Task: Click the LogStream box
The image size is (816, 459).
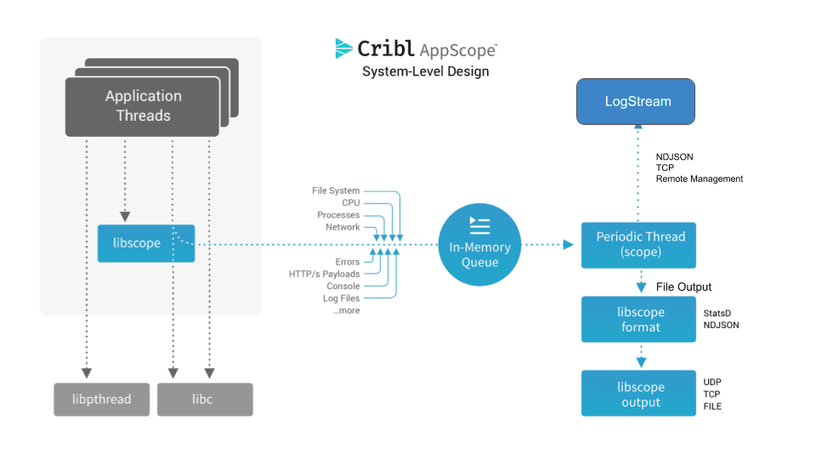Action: pyautogui.click(x=637, y=102)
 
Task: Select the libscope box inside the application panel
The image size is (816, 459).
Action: pyautogui.click(x=146, y=243)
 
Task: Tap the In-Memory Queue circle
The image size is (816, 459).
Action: pyautogui.click(x=480, y=245)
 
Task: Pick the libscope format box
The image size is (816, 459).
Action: pyautogui.click(x=639, y=319)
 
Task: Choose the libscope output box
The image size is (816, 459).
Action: pyautogui.click(x=639, y=394)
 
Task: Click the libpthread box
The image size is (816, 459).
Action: pyautogui.click(x=102, y=399)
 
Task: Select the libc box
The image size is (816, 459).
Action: pyautogui.click(x=205, y=399)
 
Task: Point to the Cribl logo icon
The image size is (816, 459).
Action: pyautogui.click(x=344, y=48)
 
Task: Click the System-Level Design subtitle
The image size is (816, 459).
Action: pyautogui.click(x=425, y=71)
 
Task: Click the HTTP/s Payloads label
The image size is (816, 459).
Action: pyautogui.click(x=324, y=274)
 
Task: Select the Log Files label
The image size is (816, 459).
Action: pyautogui.click(x=341, y=298)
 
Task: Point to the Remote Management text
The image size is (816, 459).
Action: pyautogui.click(x=699, y=179)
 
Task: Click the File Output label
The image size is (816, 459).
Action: pyautogui.click(x=683, y=286)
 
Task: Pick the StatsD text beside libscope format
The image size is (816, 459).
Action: pyautogui.click(x=717, y=314)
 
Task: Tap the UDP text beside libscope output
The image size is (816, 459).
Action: pyautogui.click(x=712, y=382)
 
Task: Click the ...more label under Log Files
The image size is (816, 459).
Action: pyautogui.click(x=346, y=310)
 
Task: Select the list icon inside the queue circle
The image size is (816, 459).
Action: pyautogui.click(x=480, y=225)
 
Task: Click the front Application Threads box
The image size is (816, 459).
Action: pyautogui.click(x=143, y=106)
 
